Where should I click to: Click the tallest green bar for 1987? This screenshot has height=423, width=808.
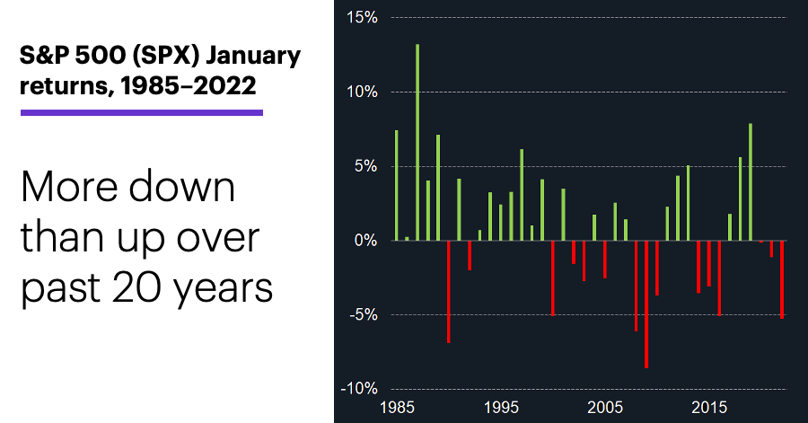pos(417,142)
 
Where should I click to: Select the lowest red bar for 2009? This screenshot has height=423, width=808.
pos(646,304)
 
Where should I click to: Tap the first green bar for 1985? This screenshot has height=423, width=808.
pos(396,186)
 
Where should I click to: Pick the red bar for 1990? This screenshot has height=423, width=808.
pos(448,292)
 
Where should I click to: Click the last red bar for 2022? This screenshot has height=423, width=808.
pos(782,279)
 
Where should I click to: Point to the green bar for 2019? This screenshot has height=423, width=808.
pos(751,182)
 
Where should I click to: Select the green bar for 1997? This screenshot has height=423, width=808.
pos(522,195)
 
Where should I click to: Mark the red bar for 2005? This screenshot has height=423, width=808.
pos(605,260)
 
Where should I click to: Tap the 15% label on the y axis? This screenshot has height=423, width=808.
pos(363,18)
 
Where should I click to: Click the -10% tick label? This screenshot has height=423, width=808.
pos(359,389)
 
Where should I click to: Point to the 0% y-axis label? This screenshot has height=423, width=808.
pos(366,241)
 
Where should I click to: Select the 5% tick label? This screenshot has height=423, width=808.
pos(366,166)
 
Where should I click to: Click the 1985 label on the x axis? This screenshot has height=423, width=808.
pos(397,408)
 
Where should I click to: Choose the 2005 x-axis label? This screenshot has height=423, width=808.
pos(605,408)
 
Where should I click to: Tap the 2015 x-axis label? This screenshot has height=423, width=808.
pos(709,408)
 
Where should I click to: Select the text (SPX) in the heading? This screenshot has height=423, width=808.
pos(165,56)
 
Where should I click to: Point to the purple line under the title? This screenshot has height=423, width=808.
pos(142,112)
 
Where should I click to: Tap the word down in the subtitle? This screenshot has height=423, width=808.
pos(182,186)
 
